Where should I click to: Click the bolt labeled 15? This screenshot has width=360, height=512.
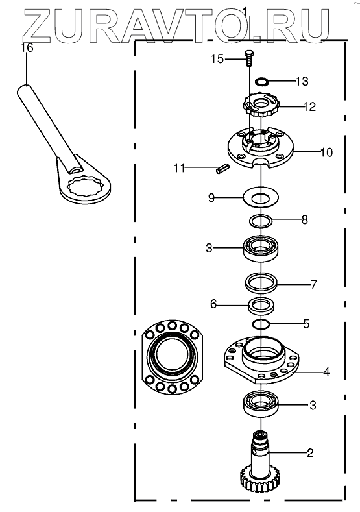point(248,58)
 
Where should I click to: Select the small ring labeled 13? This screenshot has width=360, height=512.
point(261,81)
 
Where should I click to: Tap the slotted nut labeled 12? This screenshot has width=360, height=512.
point(261,106)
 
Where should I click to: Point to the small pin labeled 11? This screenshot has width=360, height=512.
point(223,169)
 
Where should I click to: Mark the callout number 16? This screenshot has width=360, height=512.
point(27,47)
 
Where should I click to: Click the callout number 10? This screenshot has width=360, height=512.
point(326,152)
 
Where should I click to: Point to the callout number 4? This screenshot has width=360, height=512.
point(326,371)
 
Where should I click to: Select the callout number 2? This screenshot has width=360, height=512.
point(310,452)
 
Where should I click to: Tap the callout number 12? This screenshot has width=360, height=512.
point(309,106)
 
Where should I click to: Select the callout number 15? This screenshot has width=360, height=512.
point(217,59)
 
